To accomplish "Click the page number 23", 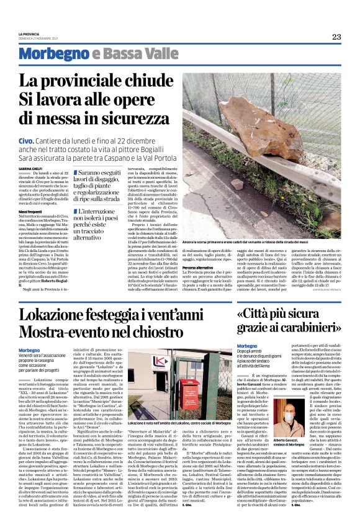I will pos(336,37).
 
